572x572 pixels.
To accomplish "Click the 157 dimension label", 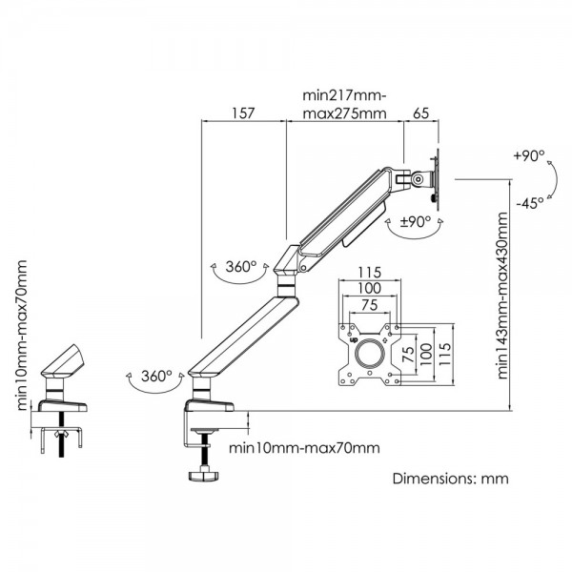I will [242, 112].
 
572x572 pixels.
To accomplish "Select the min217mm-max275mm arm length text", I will [344, 104].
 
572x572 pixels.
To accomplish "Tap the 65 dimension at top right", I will [419, 112].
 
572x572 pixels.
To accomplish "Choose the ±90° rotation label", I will [416, 220].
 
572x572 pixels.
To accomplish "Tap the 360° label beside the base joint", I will [155, 376].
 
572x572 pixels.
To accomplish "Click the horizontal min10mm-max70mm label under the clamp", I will [302, 447].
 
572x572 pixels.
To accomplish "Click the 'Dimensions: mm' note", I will [451, 479].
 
